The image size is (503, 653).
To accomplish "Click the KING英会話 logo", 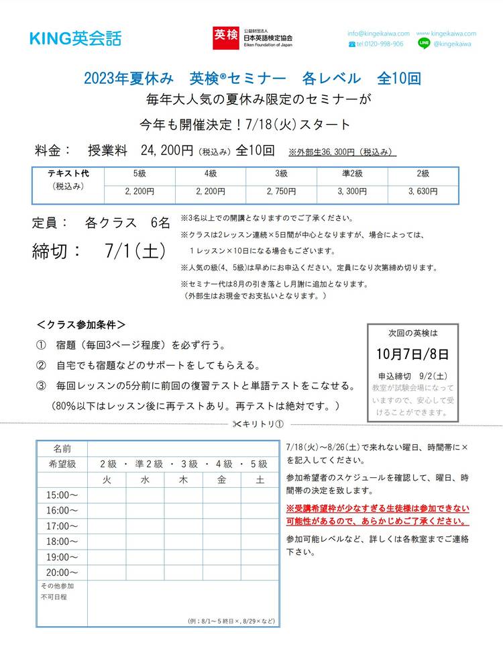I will click(75, 39).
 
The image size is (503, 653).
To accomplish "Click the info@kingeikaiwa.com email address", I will click(378, 34).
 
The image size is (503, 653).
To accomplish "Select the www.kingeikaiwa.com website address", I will click(446, 34).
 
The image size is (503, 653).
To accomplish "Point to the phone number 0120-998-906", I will click(380, 44).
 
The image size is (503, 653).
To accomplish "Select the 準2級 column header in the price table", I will click(352, 174).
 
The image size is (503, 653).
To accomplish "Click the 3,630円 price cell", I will click(423, 191).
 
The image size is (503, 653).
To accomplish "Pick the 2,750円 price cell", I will click(281, 191).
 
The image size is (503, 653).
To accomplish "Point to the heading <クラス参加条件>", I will click(81, 324).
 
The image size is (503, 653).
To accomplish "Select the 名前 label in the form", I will click(62, 448).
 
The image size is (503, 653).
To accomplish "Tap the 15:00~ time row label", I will click(62, 495).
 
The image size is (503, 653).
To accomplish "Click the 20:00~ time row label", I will click(62, 572).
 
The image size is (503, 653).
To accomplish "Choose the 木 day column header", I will click(183, 479).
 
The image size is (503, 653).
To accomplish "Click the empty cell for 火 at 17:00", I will click(107, 526).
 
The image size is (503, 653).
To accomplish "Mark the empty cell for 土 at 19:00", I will click(260, 557).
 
